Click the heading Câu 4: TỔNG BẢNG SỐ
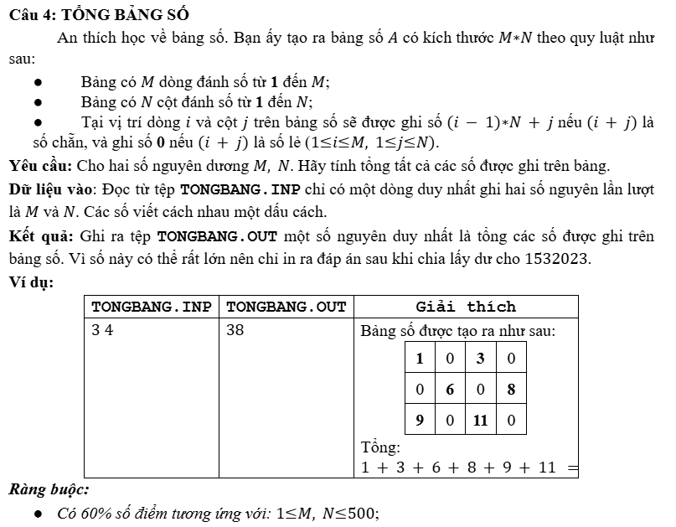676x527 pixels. pos(99,15)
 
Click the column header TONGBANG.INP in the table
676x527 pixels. pos(151,307)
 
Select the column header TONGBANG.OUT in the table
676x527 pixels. pos(286,307)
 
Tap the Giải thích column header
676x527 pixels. pos(466,307)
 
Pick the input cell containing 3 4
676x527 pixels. pos(102,330)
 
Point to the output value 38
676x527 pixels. pos(235,330)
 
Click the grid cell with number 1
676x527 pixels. pos(419,359)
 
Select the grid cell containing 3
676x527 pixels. pos(480,359)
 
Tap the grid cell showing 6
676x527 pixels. pos(450,390)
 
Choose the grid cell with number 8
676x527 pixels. pos(511,390)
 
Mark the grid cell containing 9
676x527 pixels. pos(419,420)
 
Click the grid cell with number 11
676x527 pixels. pos(480,420)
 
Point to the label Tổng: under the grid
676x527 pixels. pos(380,447)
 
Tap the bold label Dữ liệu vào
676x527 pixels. pos(50,188)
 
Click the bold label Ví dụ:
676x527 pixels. pos(31,282)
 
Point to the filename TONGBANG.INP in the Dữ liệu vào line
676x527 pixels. pos(235,188)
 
